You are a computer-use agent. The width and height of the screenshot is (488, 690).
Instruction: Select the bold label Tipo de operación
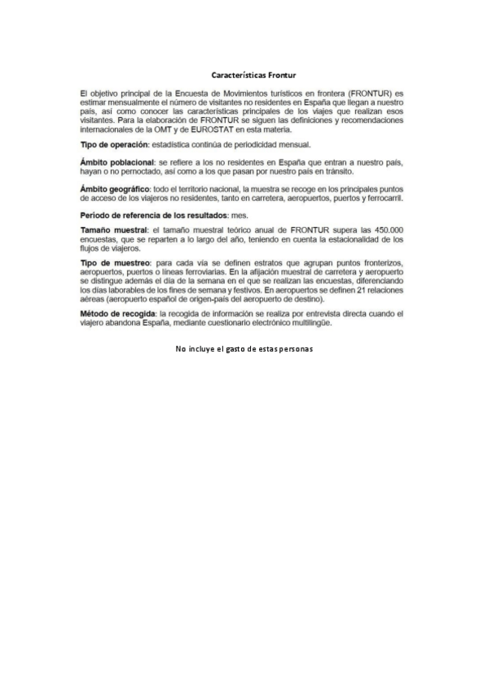(x=111, y=144)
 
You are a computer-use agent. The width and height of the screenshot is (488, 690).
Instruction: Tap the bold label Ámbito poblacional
(x=115, y=164)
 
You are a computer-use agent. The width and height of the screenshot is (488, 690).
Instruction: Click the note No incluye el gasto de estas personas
(x=244, y=349)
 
